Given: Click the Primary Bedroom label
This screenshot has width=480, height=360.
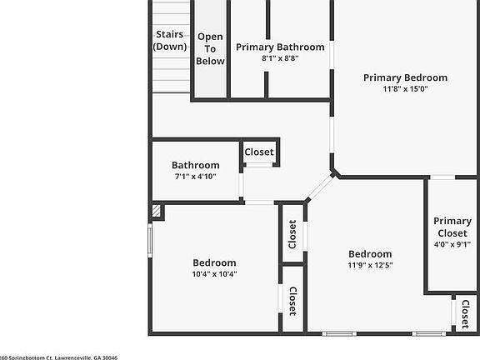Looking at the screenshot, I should coord(405,77).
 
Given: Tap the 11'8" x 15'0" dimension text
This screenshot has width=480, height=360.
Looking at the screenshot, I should coord(405,89).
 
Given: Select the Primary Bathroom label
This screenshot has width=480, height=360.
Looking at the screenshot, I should coord(280,47).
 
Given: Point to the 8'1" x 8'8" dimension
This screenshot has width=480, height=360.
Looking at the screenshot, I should coord(280,58).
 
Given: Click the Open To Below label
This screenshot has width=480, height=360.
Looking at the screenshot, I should coord(210,48).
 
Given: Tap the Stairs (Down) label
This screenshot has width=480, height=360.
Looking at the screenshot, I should coord(170,40).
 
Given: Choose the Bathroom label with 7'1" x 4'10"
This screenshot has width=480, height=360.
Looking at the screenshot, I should coord(196,165).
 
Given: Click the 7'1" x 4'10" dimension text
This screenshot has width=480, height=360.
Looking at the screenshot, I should coord(196,177).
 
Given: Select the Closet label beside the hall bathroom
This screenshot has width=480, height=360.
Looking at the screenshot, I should coord(259,152).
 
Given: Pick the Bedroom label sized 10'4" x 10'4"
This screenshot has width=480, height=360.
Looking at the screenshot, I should coord(214,262).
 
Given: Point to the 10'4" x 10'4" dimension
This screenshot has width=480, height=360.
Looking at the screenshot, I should coord(214,274).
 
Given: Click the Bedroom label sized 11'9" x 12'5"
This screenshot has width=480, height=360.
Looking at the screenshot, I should coord(370,254).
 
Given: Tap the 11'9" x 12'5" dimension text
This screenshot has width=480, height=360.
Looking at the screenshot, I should coord(370,266).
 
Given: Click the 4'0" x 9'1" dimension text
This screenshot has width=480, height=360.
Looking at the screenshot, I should coord(452,245).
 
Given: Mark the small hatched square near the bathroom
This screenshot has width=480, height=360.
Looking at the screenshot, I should coord(157,212).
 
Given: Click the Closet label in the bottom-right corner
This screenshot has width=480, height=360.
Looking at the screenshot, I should coord(465,314).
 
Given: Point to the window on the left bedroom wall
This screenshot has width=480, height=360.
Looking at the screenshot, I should coord(151,242).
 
